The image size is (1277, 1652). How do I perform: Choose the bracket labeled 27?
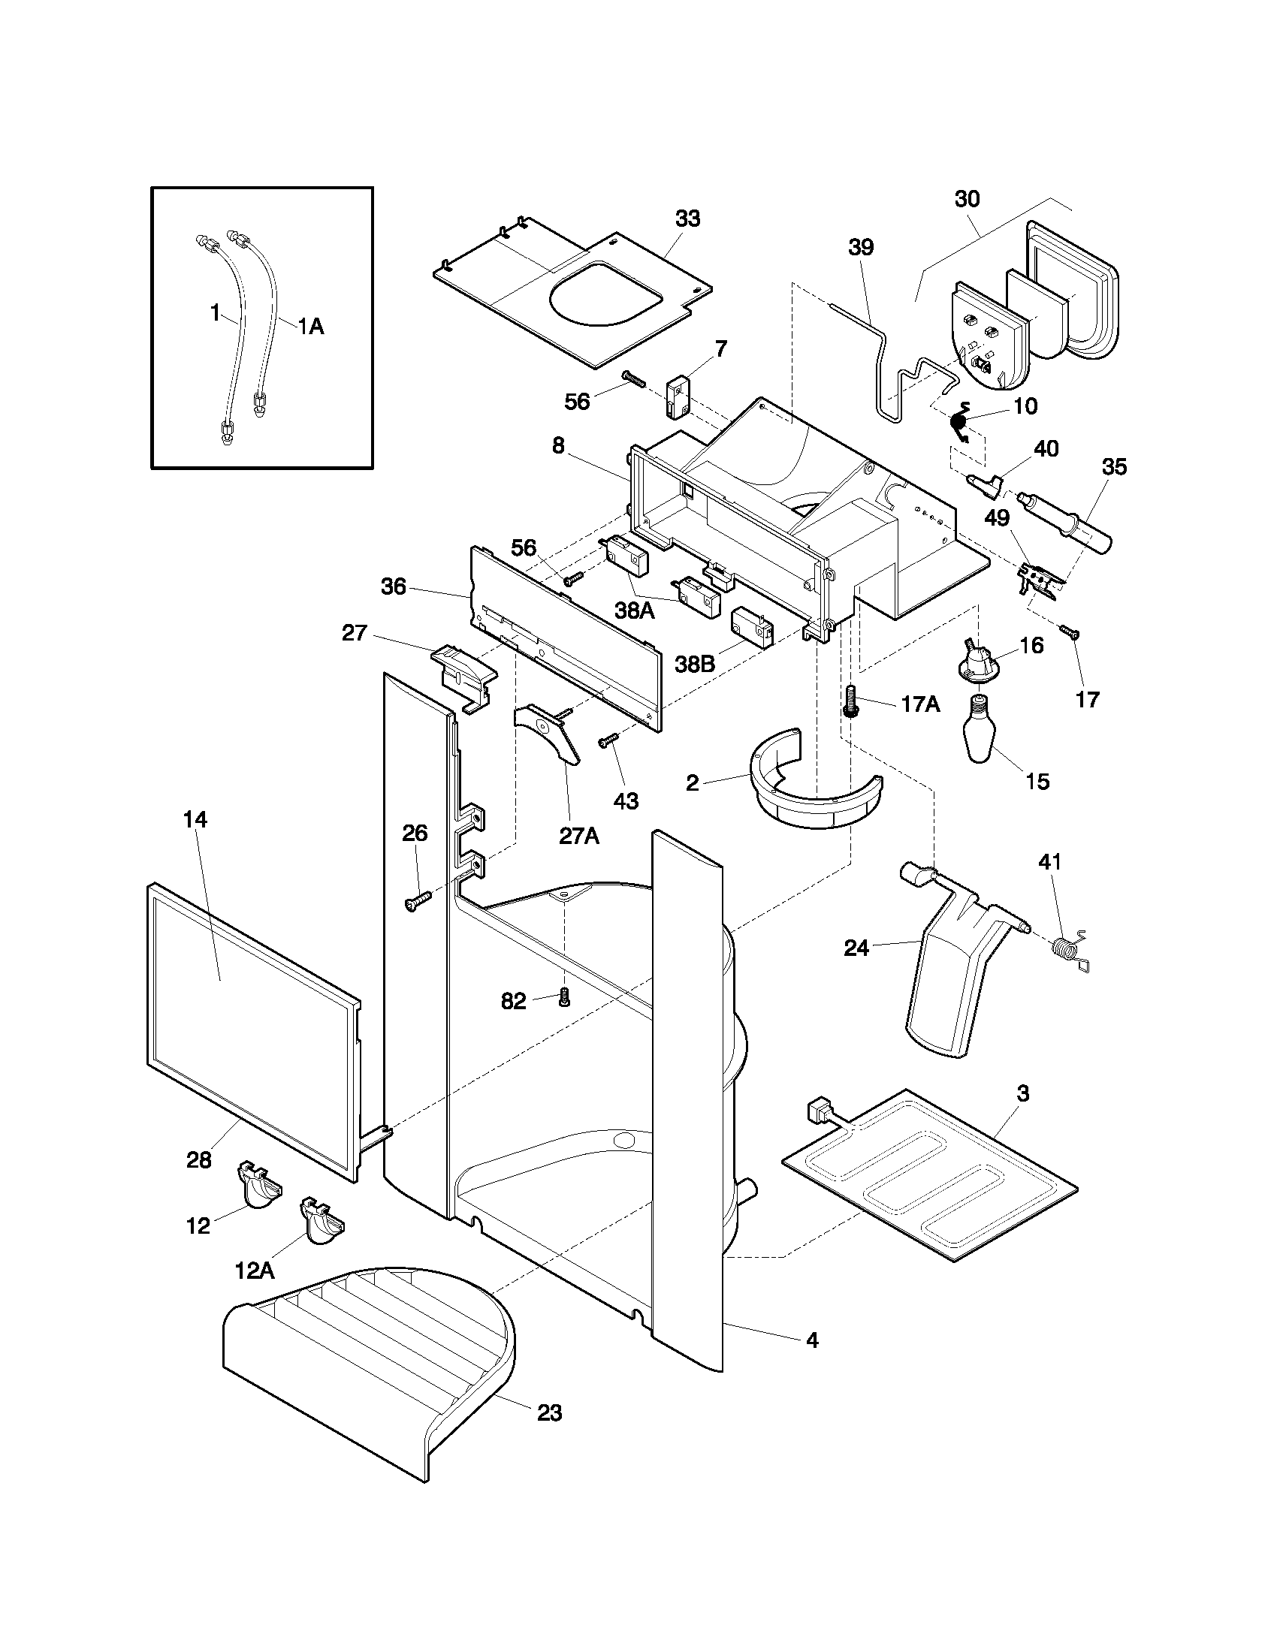pyautogui.click(x=463, y=674)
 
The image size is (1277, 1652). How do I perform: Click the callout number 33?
pyautogui.click(x=687, y=219)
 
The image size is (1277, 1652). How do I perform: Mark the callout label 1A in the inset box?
pyautogui.click(x=309, y=327)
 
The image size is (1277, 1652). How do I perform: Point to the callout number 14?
pyautogui.click(x=195, y=819)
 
